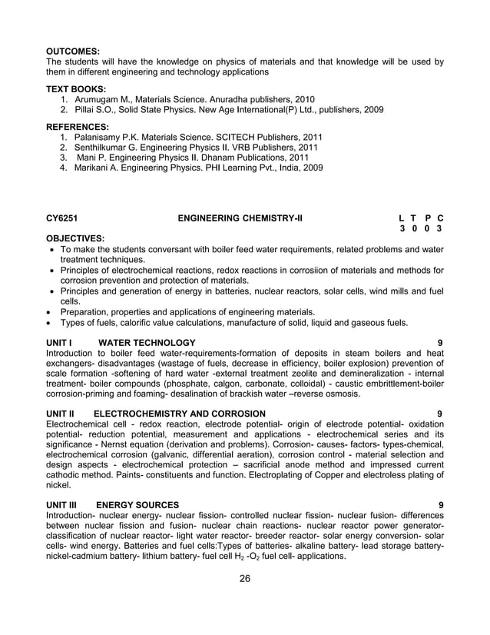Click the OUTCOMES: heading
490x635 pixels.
(x=74, y=52)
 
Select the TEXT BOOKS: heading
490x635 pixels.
(x=76, y=89)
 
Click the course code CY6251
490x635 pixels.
(x=63, y=218)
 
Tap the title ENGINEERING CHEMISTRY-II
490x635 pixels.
(x=240, y=218)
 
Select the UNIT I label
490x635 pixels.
(x=59, y=342)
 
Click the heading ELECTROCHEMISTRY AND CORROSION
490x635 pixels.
(x=180, y=414)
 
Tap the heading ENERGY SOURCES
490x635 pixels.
(x=138, y=505)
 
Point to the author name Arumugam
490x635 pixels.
(x=97, y=100)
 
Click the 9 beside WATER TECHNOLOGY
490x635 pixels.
(x=439, y=342)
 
